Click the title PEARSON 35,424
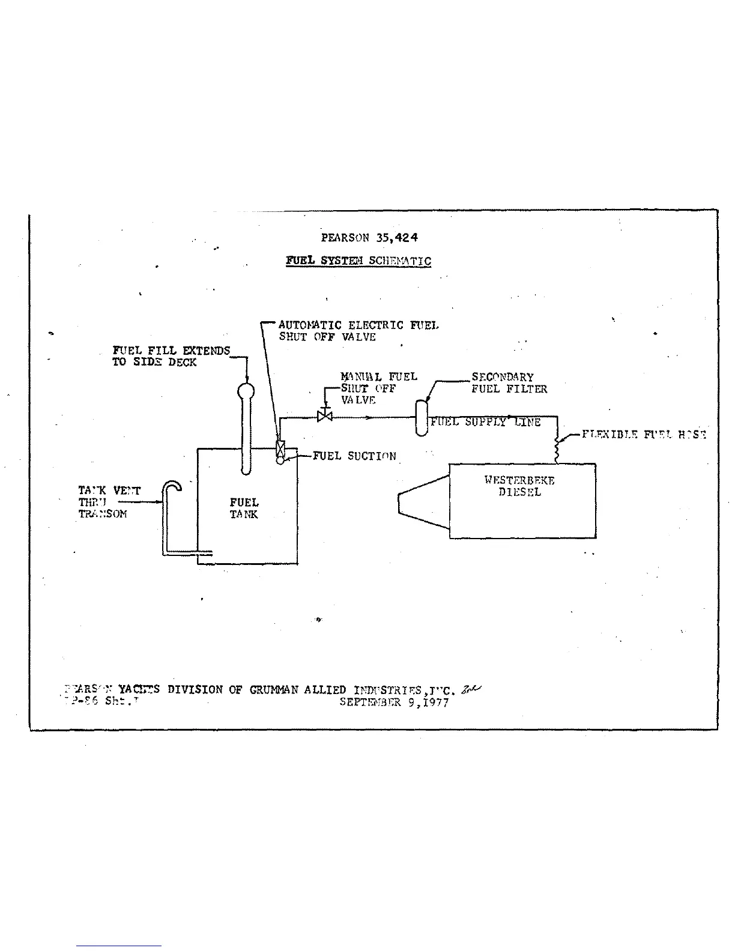click(369, 237)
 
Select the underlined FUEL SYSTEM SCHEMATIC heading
click(358, 261)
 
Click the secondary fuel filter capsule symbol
click(422, 418)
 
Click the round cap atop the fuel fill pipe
click(245, 391)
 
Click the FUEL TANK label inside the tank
click(244, 508)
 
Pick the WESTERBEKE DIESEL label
click(519, 486)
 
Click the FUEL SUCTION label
click(354, 456)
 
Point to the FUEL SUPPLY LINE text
click(485, 422)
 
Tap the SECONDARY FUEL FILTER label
click(509, 383)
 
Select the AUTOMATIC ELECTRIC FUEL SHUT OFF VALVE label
click(358, 331)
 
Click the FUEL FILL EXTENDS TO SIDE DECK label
click(171, 357)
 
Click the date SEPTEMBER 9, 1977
click(394, 702)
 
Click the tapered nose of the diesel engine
click(423, 503)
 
